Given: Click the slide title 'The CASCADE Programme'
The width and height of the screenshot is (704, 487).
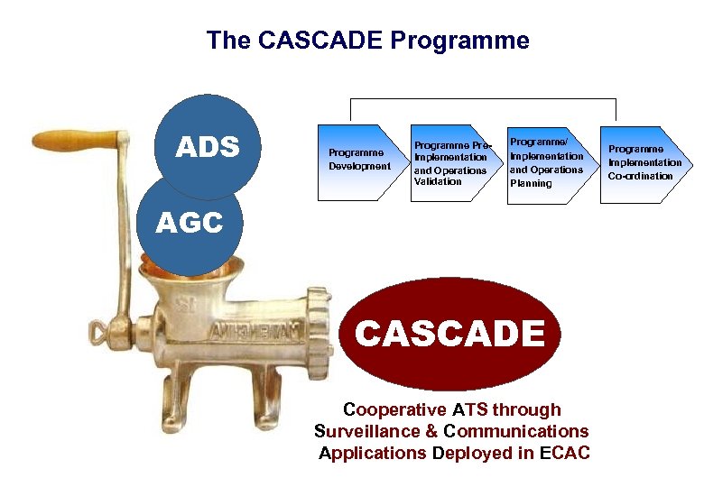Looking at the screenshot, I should (x=367, y=41).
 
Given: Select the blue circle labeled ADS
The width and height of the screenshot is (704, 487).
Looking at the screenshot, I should (x=208, y=147).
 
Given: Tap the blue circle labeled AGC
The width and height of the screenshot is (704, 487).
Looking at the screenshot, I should (x=190, y=224).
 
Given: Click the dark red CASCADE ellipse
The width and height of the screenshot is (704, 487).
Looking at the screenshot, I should (x=449, y=334).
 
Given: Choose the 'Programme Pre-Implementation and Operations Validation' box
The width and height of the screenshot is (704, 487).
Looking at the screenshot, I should (x=450, y=163).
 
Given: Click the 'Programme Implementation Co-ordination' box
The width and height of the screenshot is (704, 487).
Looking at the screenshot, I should (x=644, y=162).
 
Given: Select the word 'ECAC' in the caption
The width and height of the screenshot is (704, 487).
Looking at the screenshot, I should (x=565, y=453).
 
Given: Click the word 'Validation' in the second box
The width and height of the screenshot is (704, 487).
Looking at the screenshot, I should (x=438, y=181).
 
